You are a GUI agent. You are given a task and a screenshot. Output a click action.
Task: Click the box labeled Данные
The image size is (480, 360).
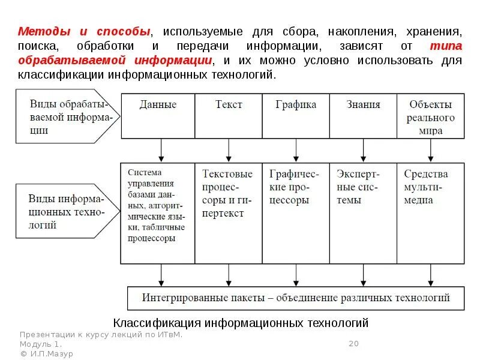(x=158, y=116)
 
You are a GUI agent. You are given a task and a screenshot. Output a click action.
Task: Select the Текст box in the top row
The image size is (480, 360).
(x=228, y=116)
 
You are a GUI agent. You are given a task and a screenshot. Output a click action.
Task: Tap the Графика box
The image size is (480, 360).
(x=296, y=116)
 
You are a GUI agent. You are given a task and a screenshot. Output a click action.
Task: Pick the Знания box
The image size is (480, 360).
(x=363, y=116)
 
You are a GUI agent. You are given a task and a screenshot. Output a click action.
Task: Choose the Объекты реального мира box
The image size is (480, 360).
(x=430, y=116)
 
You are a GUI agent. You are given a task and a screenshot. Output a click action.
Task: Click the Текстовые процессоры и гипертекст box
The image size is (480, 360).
(x=228, y=213)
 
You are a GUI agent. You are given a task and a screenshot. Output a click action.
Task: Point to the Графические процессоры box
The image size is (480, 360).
(x=296, y=213)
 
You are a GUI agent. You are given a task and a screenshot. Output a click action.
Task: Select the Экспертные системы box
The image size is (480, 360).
(x=363, y=213)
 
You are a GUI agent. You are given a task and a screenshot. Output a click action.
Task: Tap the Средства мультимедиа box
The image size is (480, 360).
(x=430, y=213)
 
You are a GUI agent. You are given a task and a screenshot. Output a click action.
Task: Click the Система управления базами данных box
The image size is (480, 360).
(x=158, y=213)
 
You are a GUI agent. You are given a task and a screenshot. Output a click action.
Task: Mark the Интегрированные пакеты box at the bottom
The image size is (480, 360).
(x=296, y=298)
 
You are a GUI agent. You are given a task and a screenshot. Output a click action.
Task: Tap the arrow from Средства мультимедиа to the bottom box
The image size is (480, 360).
(x=430, y=275)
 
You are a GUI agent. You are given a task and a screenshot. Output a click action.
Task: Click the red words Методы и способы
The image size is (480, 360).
(x=83, y=31)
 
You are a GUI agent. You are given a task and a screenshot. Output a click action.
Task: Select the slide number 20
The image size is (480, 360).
(x=353, y=344)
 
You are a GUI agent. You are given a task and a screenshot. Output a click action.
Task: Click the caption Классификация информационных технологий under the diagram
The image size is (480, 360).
(x=241, y=323)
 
